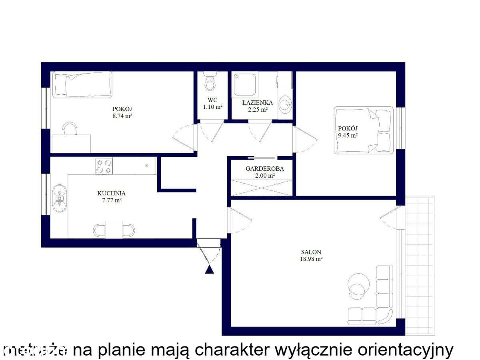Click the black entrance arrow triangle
[x=209, y=269]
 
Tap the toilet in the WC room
[x=209, y=82]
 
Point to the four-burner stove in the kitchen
[x=104, y=166]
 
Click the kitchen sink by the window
[x=59, y=198]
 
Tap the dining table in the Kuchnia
[x=114, y=229]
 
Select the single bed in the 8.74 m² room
[x=82, y=84]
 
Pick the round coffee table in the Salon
[x=358, y=284]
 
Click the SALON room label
[x=311, y=252]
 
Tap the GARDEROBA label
[x=264, y=169]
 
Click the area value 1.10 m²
[x=212, y=107]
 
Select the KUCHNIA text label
[x=109, y=193]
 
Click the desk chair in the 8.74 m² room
[x=70, y=128]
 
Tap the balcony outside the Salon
[x=420, y=264]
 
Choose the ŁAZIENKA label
[x=258, y=103]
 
